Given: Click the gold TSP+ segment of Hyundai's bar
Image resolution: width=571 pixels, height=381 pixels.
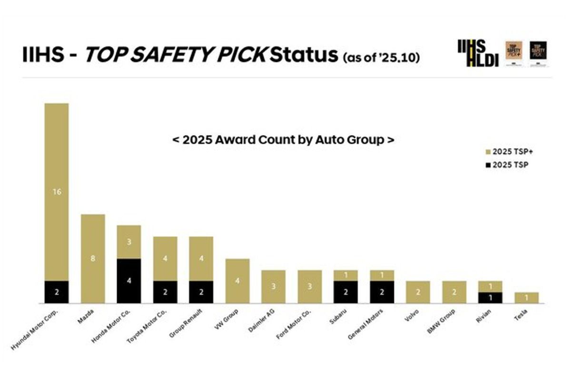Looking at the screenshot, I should (x=57, y=191).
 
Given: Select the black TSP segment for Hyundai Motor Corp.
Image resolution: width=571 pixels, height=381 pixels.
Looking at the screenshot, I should (x=57, y=292).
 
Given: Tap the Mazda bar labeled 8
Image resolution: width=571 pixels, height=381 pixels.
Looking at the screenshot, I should (x=93, y=259).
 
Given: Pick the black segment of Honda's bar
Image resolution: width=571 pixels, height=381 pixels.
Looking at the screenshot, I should (x=129, y=281).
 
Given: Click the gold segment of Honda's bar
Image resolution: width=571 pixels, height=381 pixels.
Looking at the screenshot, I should (x=129, y=242).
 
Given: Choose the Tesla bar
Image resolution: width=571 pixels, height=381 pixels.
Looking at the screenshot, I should (x=526, y=298).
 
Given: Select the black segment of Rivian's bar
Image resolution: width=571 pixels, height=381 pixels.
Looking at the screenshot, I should (x=490, y=298).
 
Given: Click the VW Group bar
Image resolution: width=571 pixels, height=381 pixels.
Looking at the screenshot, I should (x=237, y=281).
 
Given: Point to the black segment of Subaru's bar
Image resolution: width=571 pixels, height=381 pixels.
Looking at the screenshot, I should (x=345, y=292).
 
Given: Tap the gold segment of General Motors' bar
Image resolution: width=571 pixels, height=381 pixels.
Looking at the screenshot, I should (x=382, y=275).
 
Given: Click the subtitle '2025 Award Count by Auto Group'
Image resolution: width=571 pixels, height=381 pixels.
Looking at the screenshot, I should (x=283, y=140).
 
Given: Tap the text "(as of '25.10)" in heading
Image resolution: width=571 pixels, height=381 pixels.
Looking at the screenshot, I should (x=381, y=58).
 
